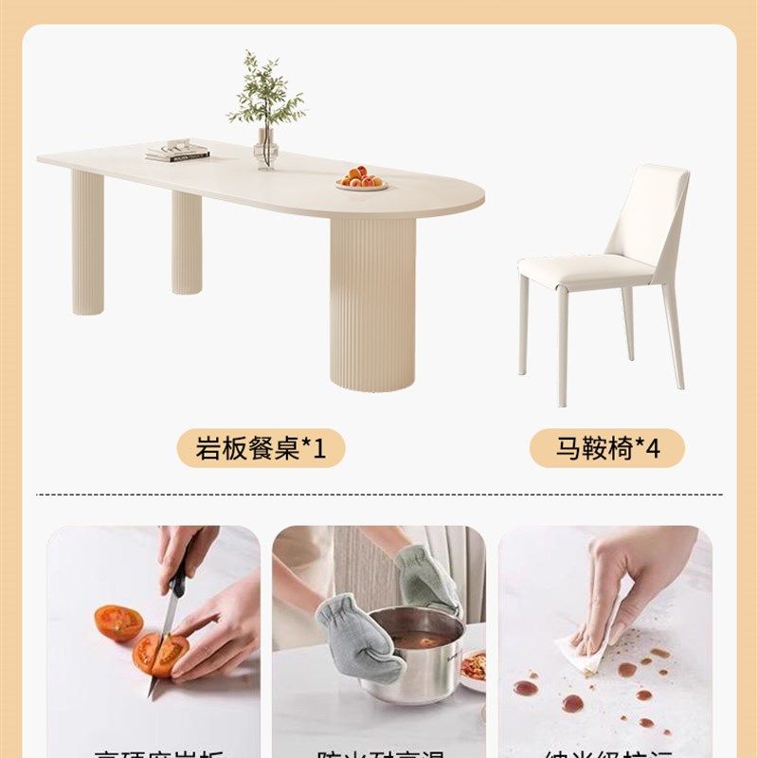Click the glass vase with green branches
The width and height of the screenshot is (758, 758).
pos(266,149)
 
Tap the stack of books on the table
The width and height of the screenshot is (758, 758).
pos(176,151)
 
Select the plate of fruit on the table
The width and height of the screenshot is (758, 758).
pos(361,179)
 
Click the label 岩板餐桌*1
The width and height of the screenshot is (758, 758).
pos(261,448)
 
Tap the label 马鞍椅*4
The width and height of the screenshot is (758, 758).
pos(606,448)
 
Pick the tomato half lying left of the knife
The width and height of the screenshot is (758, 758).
pos(118,623)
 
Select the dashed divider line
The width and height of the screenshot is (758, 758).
pos(379,494)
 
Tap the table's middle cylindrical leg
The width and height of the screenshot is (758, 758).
pos(187,242)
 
